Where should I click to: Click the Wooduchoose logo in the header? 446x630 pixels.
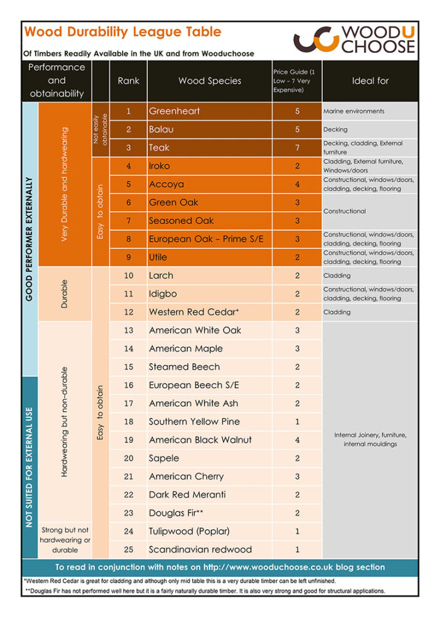pos(354,39)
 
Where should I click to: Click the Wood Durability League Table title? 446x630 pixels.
pos(122,32)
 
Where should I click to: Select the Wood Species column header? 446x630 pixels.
pos(209,81)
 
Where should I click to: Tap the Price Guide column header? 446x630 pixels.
pos(297,81)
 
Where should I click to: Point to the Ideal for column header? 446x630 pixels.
pos(370,81)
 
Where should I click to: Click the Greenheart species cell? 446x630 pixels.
pos(174,111)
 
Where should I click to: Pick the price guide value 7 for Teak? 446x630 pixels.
pos(297,148)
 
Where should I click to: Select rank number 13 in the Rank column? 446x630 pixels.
pos(128,330)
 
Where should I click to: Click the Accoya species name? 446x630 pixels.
pos(166,184)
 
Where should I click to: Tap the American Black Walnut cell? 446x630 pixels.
pos(200,440)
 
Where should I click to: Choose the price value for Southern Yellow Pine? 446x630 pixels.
pos(297,422)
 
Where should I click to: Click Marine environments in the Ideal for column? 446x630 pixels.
pos(354,111)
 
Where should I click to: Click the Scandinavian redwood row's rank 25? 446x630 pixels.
pos(128,549)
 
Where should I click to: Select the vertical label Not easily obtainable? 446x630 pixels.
pos(100,129)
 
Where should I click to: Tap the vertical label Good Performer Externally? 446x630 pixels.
pos(30,239)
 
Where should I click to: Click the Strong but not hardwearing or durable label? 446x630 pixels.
pos(65,540)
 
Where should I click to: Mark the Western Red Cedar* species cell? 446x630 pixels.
pos(193,312)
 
